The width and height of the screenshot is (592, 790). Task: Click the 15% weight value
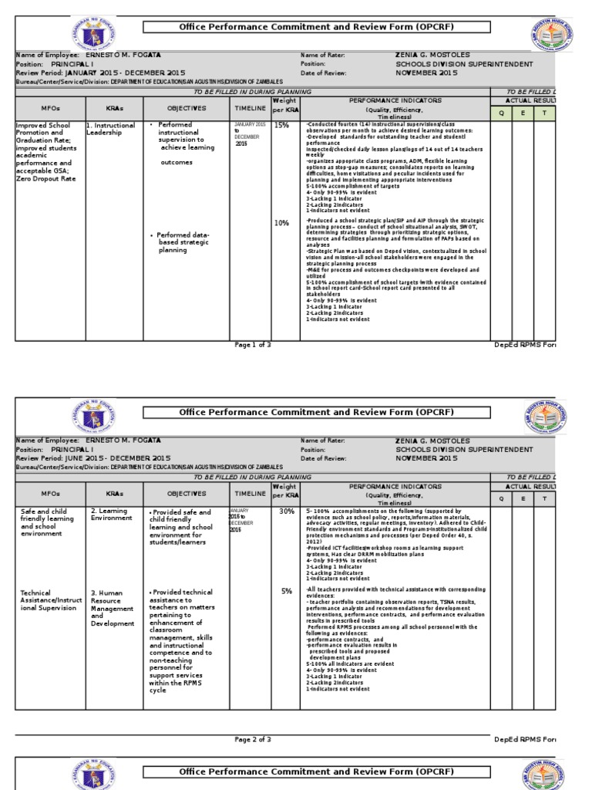click(x=281, y=124)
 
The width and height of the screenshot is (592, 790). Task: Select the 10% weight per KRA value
click(x=281, y=223)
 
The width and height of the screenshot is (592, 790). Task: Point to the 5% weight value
click(x=286, y=592)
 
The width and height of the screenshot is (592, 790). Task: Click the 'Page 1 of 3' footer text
click(x=253, y=345)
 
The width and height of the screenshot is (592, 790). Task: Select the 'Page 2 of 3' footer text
click(x=253, y=739)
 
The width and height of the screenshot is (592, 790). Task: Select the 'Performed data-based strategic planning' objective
click(x=183, y=242)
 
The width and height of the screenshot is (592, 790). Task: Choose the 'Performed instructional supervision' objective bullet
click(x=186, y=136)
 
